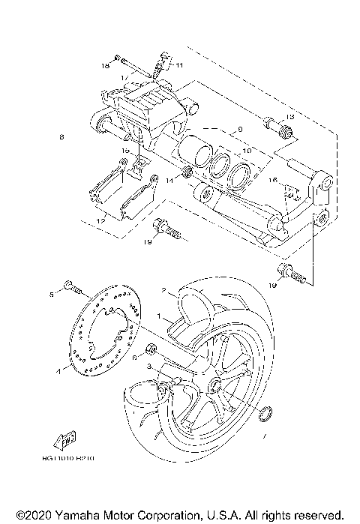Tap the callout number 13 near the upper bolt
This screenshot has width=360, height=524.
pyautogui.click(x=291, y=118)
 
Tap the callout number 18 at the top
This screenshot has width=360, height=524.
pyautogui.click(x=105, y=66)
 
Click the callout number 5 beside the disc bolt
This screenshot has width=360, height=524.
pyautogui.click(x=52, y=293)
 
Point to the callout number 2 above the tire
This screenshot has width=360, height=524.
pyautogui.click(x=162, y=290)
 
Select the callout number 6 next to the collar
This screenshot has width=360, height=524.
pyautogui.click(x=134, y=358)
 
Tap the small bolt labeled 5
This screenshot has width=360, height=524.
pyautogui.click(x=70, y=286)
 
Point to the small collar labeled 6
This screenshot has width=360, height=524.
pyautogui.click(x=152, y=349)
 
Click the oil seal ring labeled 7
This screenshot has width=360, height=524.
pyautogui.click(x=265, y=414)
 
